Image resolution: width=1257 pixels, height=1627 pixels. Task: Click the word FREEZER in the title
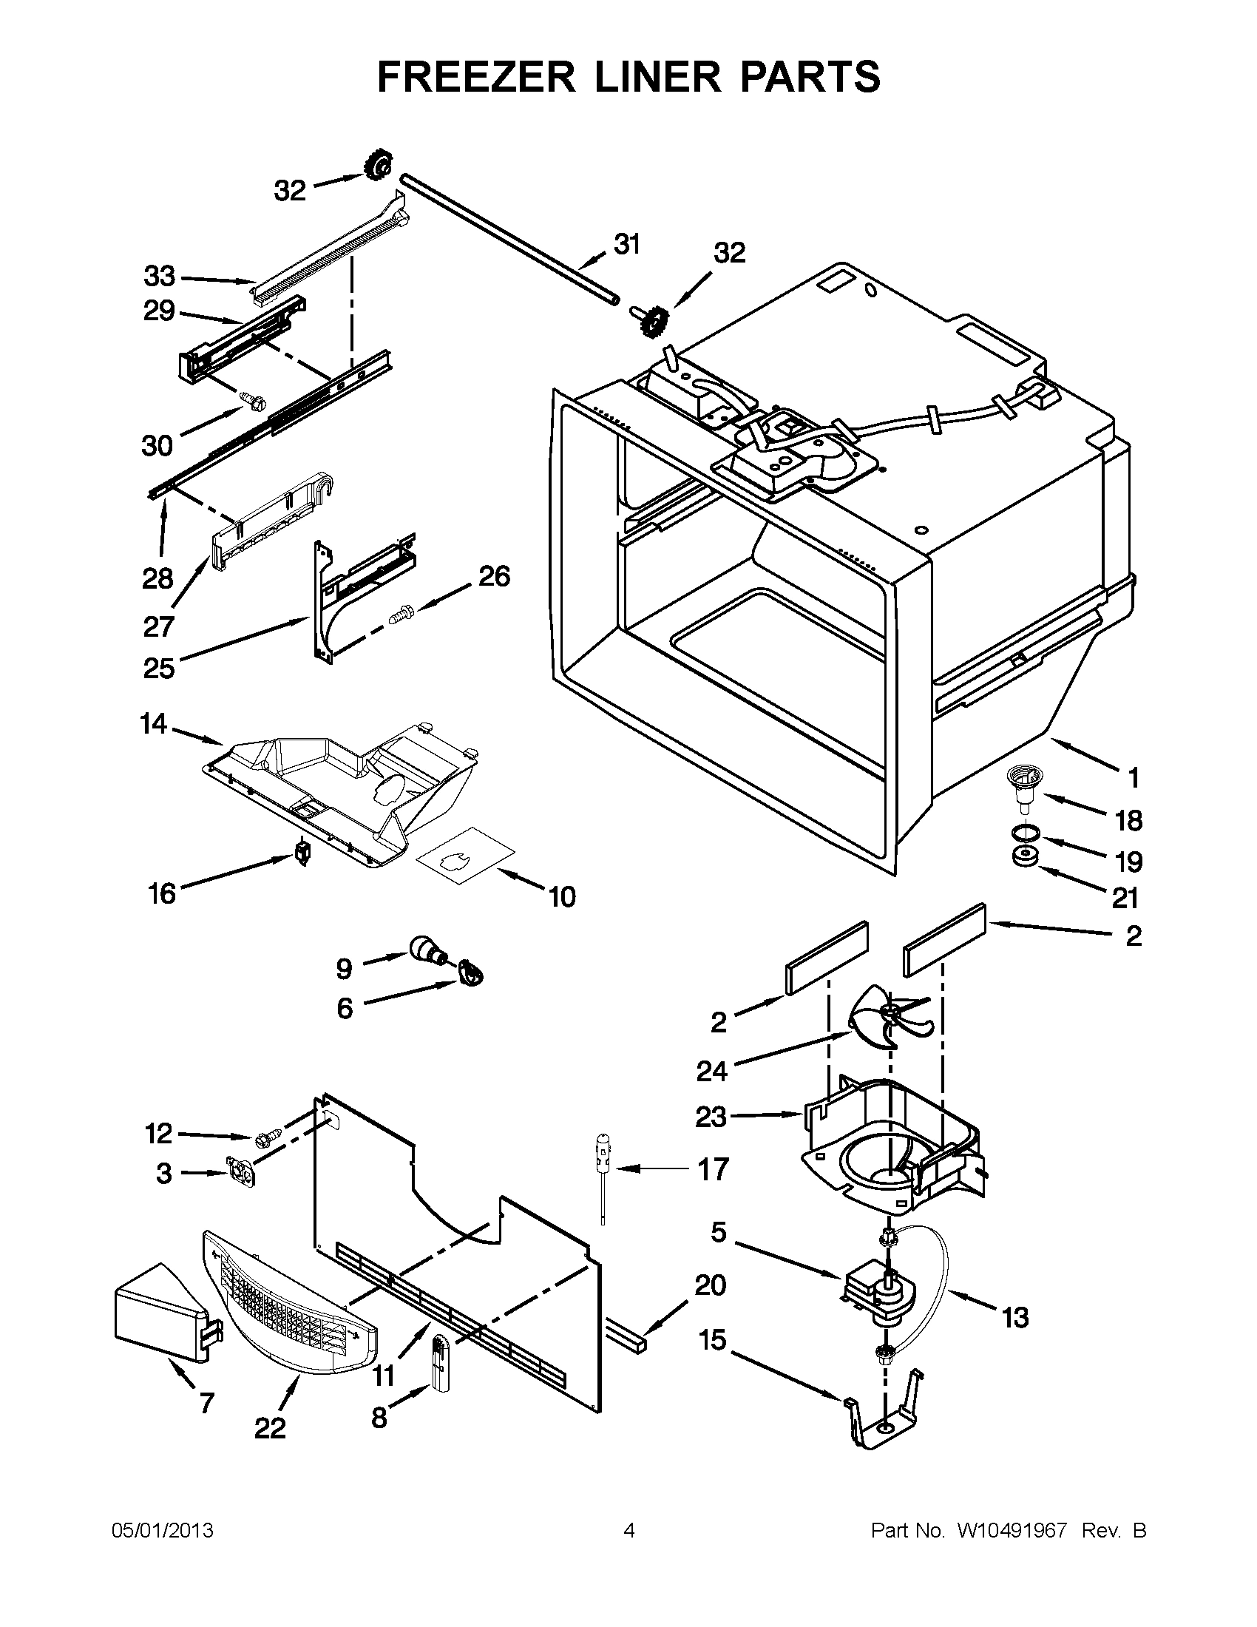[476, 77]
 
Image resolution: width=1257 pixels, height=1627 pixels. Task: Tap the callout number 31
[627, 243]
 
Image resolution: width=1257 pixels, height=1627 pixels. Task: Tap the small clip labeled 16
[302, 850]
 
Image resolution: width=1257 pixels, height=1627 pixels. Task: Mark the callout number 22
[270, 1427]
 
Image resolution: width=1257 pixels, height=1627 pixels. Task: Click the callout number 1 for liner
[1134, 779]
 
